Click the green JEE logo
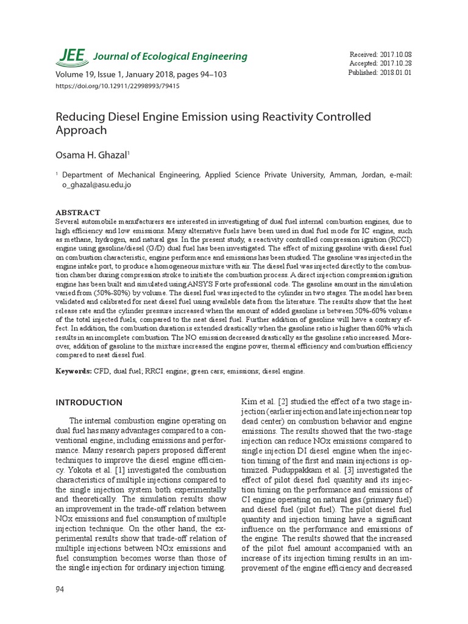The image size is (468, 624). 71,55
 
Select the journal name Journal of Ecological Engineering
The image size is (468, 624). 170,57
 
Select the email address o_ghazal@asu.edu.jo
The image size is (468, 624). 97,184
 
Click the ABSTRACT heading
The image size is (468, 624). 77,212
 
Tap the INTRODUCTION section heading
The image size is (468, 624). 89,403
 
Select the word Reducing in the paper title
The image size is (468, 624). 77,116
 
